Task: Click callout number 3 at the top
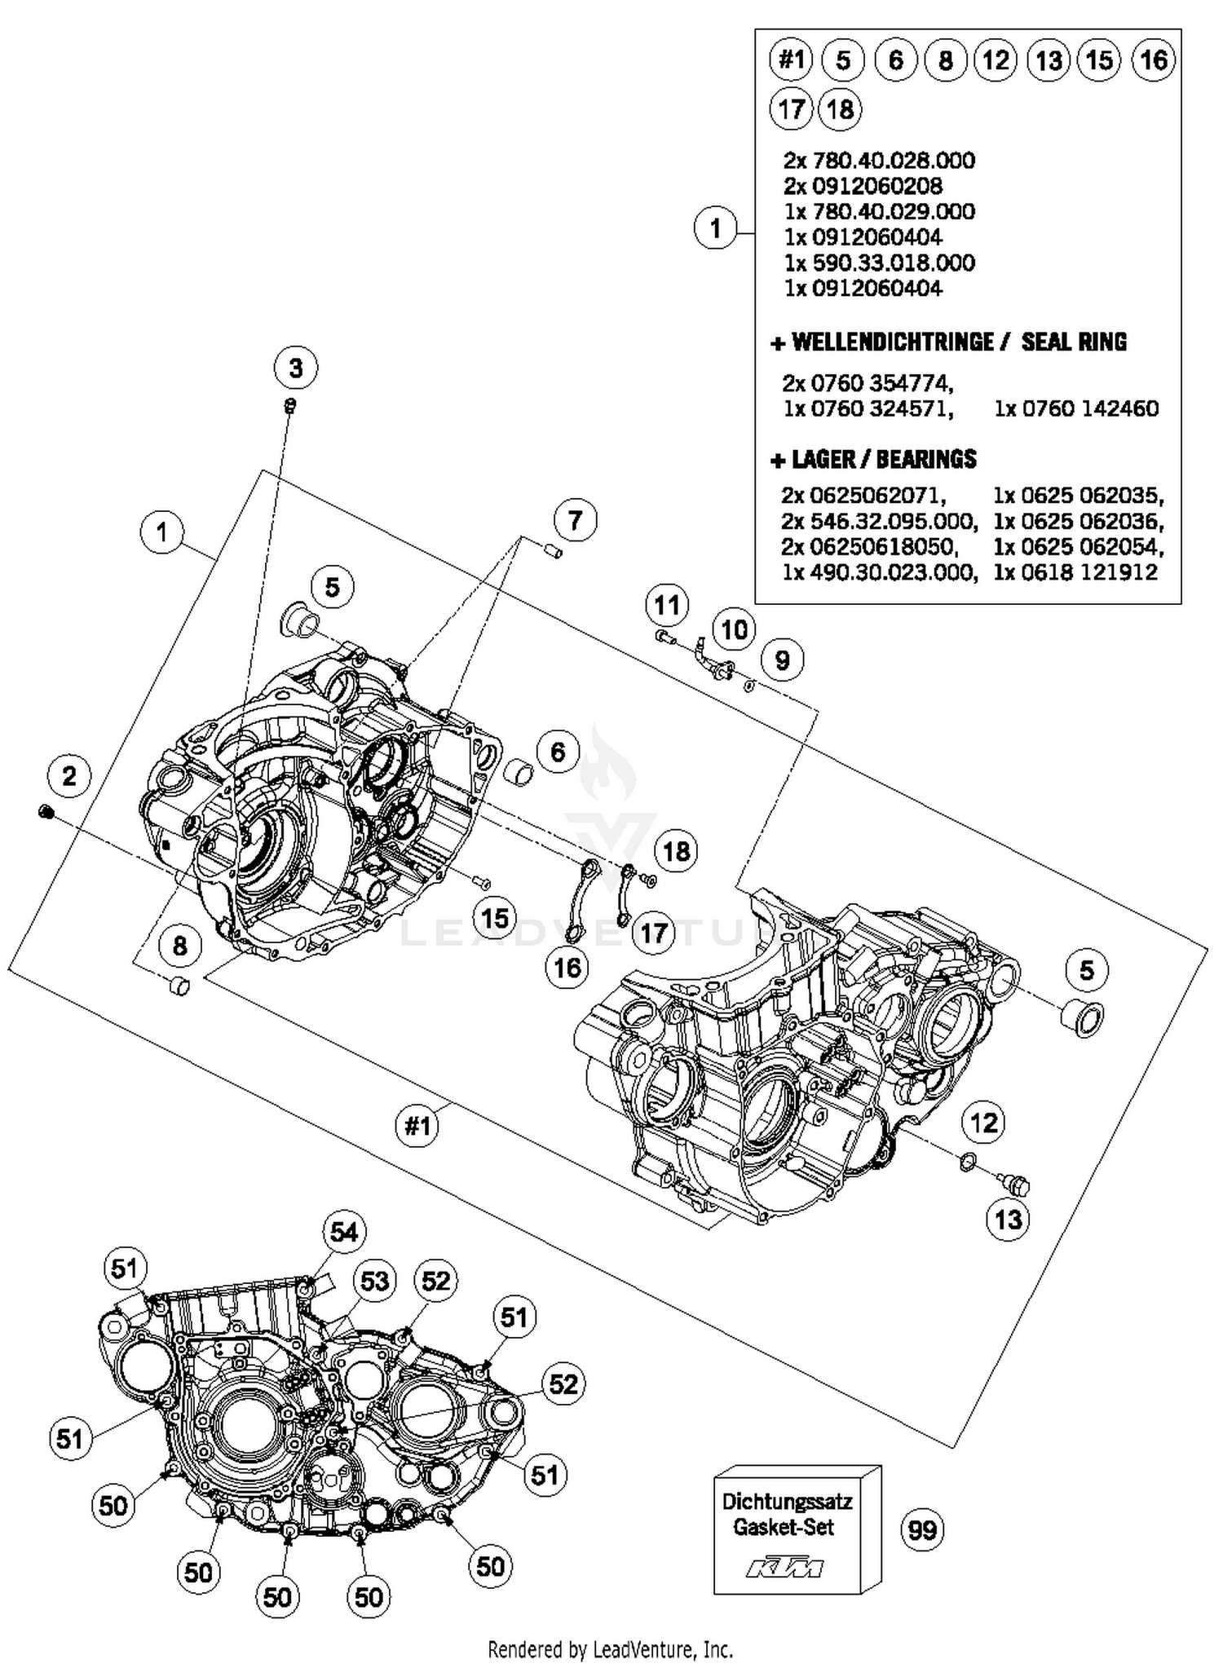(x=295, y=368)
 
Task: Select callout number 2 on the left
(x=68, y=775)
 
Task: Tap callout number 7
(x=575, y=519)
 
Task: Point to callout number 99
(x=922, y=1529)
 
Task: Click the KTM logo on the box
(x=784, y=1567)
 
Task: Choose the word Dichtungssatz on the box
(x=787, y=1501)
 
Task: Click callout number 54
(x=343, y=1231)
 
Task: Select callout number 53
(x=374, y=1281)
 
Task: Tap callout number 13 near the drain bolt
(x=1008, y=1220)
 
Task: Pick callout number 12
(x=983, y=1123)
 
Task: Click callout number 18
(x=676, y=851)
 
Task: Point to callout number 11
(x=666, y=605)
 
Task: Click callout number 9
(x=782, y=660)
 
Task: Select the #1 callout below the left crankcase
(x=417, y=1127)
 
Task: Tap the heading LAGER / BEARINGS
(x=873, y=460)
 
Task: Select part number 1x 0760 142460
(x=1075, y=408)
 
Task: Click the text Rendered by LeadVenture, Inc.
(x=611, y=1650)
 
